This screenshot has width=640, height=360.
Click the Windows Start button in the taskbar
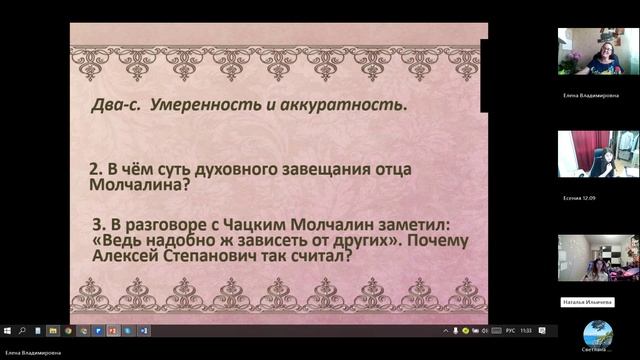tap(6, 329)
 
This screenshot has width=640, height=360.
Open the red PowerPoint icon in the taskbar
tap(112, 329)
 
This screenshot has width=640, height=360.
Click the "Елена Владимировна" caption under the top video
tap(588, 94)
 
